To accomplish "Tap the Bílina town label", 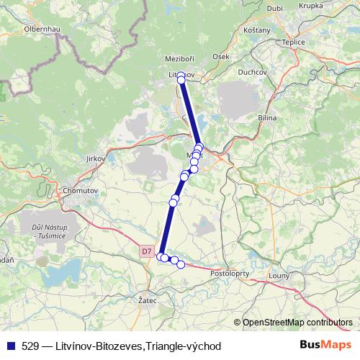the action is coord(267,117).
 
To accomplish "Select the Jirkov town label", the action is coord(95,158).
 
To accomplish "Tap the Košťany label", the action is coord(257,30).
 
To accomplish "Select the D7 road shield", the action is coord(146,251).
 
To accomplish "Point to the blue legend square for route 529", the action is coord(9,346).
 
